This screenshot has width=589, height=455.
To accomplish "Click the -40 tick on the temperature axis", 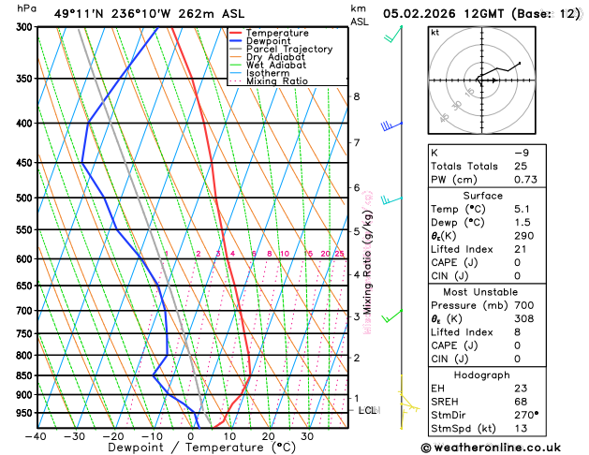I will pyautogui.click(x=37, y=436).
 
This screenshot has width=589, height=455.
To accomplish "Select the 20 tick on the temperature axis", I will pyautogui.click(x=269, y=436).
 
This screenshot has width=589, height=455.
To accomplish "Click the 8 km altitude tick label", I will pyautogui.click(x=356, y=96).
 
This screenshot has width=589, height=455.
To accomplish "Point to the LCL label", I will pyautogui.click(x=367, y=410).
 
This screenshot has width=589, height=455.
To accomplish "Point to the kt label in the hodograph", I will pyautogui.click(x=434, y=32).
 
